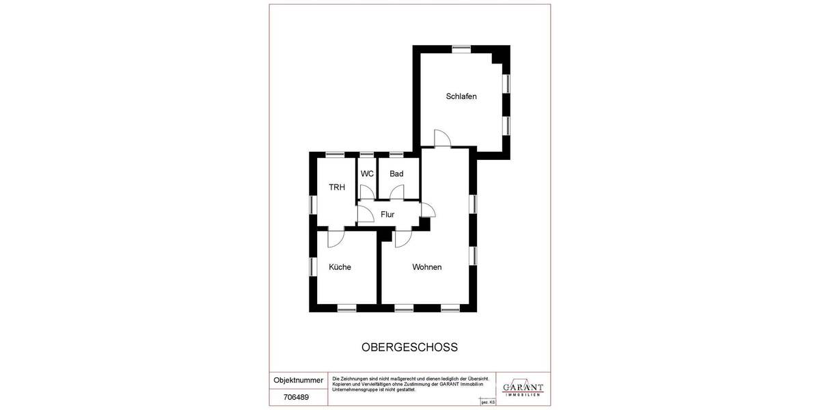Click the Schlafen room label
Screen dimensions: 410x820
click(x=461, y=96)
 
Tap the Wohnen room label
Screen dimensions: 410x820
click(x=426, y=267)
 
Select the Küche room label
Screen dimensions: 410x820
click(x=340, y=267)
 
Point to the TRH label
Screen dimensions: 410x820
click(x=337, y=187)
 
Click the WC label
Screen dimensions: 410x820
click(x=367, y=174)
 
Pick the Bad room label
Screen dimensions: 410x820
click(x=396, y=174)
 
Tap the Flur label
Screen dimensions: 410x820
click(x=387, y=215)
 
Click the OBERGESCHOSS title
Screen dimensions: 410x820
click(x=409, y=347)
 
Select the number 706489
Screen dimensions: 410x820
click(x=296, y=397)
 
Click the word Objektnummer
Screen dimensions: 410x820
click(x=298, y=380)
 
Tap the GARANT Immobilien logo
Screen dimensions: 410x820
click(x=523, y=387)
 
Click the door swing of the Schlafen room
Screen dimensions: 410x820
click(x=441, y=139)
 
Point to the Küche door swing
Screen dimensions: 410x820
click(x=336, y=238)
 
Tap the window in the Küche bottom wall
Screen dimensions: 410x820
click(x=346, y=308)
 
